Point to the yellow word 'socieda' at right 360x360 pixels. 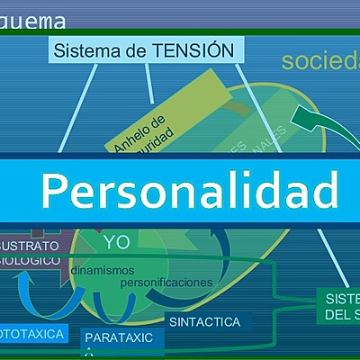319,62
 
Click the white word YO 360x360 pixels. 116,242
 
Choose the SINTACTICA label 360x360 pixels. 204,320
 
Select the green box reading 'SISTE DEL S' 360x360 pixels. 340,306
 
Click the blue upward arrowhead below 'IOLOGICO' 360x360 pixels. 24,279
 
